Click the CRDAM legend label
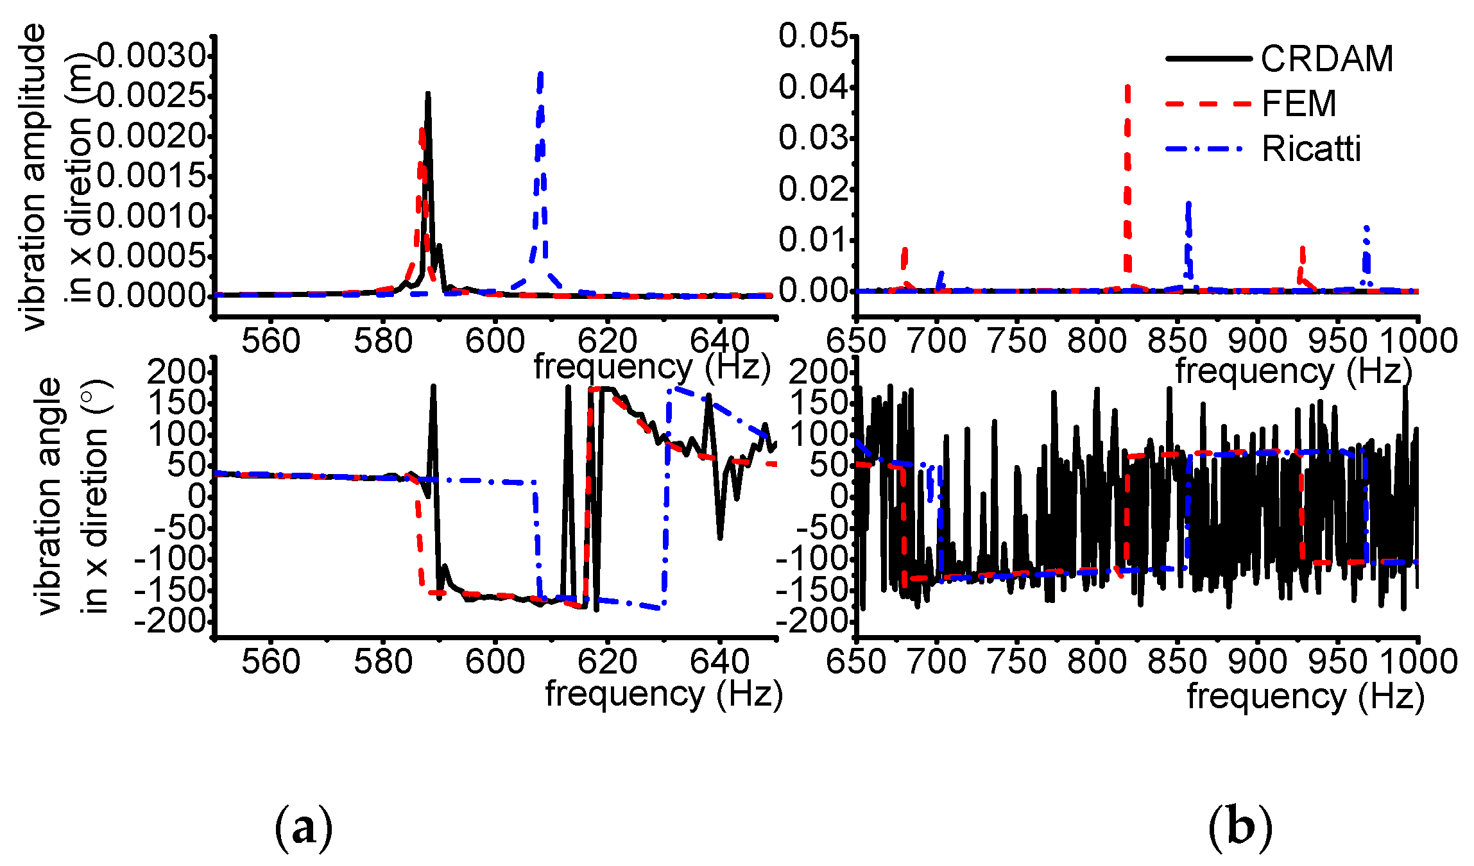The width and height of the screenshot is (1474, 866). pyautogui.click(x=1326, y=59)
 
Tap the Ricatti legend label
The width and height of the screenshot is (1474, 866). pyautogui.click(x=1310, y=149)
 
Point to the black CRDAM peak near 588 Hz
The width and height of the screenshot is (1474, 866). pyautogui.click(x=427, y=95)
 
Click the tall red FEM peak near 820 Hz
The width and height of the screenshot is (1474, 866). pyautogui.click(x=1127, y=87)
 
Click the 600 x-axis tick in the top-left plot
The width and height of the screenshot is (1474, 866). pyautogui.click(x=495, y=341)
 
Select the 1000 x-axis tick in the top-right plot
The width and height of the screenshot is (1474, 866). pyautogui.click(x=1418, y=341)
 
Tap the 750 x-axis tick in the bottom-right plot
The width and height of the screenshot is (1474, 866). pyautogui.click(x=1016, y=661)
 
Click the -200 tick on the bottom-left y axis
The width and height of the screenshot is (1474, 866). pyautogui.click(x=170, y=620)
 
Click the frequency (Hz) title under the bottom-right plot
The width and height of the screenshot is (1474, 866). pyautogui.click(x=1305, y=696)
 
